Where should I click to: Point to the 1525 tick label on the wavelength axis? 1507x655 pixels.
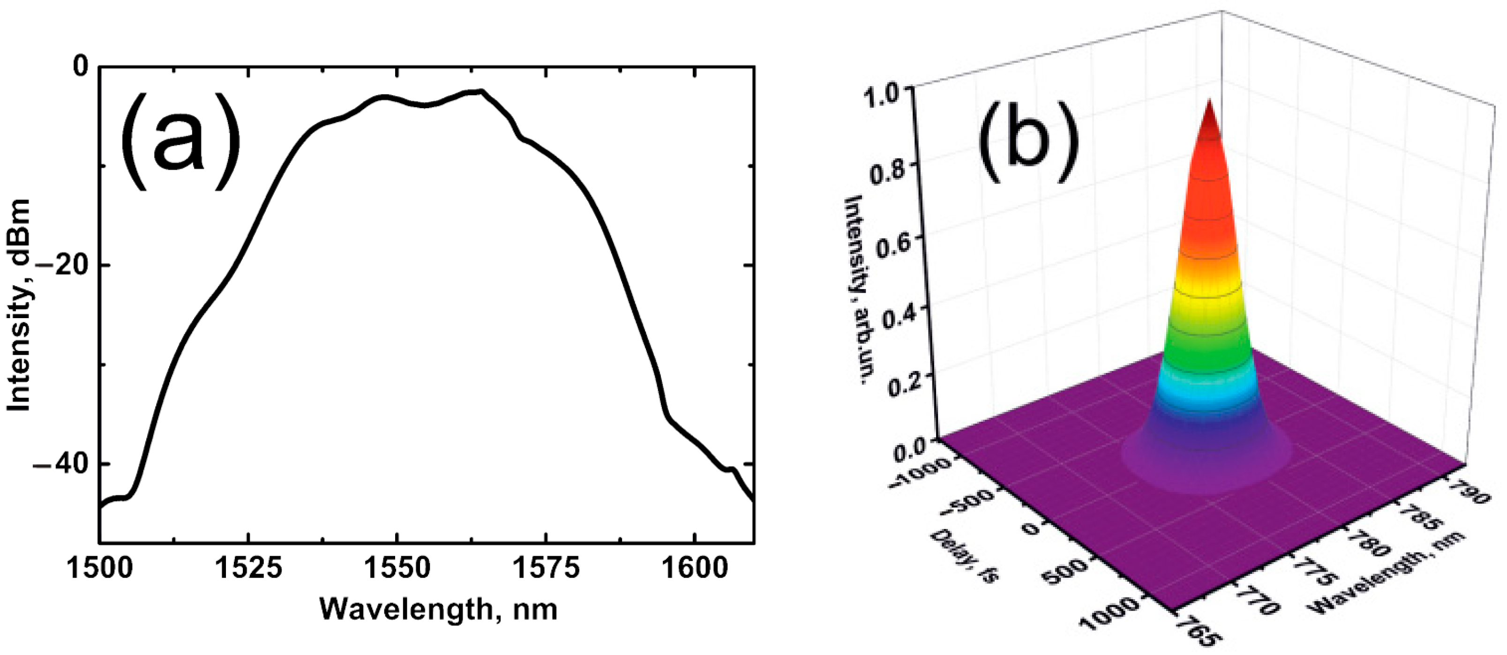point(248,567)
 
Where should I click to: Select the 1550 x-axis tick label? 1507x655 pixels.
point(397,567)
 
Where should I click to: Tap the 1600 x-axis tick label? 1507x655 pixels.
point(694,567)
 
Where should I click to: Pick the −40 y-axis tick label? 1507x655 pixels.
point(61,464)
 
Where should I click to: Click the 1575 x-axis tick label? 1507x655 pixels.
point(546,567)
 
